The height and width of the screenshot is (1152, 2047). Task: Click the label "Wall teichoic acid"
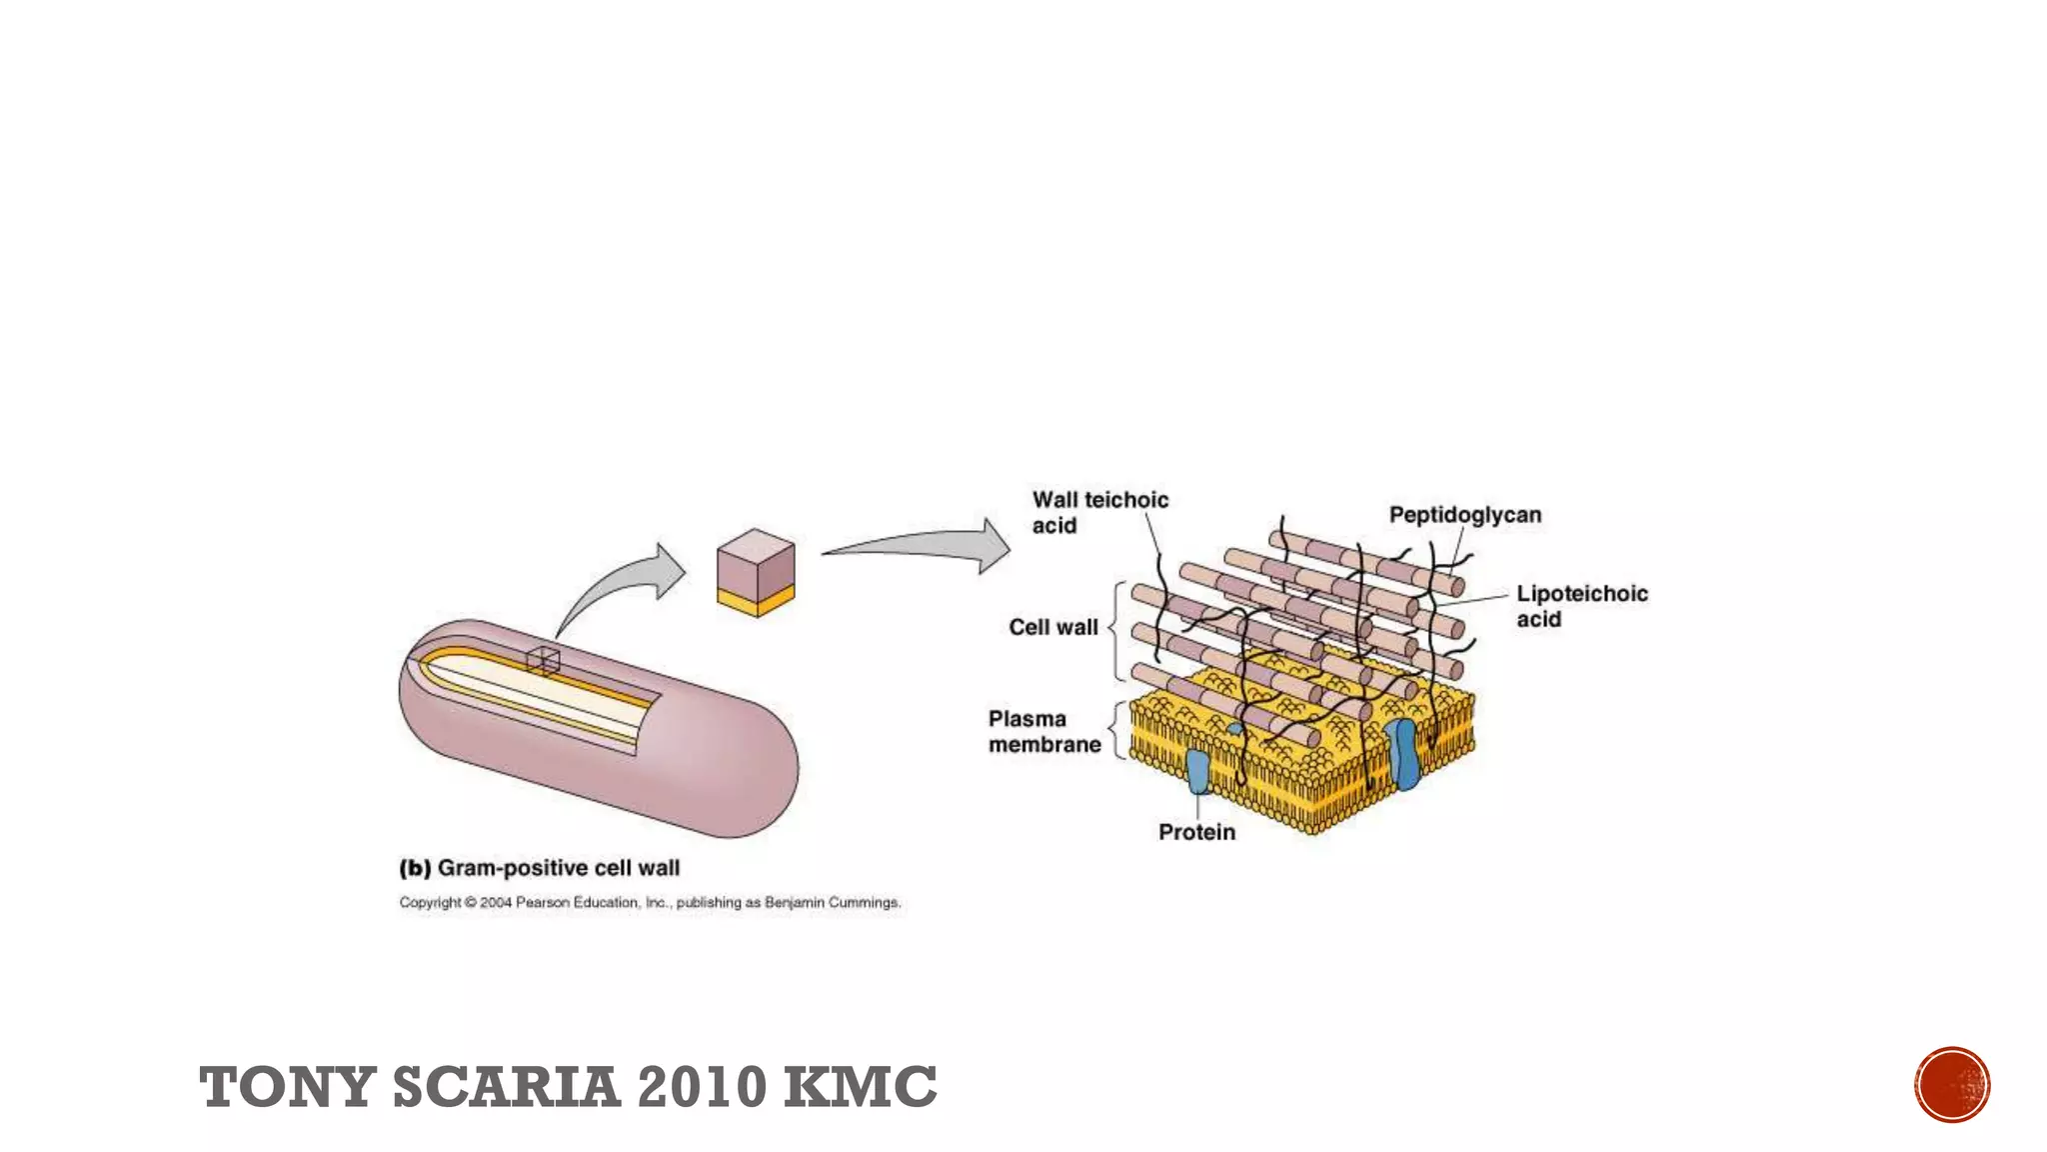1099,512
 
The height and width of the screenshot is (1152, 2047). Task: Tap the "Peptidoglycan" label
1464,515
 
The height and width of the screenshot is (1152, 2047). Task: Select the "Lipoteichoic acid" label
1581,606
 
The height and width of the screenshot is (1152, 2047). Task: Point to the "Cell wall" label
1052,627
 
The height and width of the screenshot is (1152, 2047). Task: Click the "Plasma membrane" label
1043,731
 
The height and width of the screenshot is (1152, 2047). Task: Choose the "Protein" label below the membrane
1196,832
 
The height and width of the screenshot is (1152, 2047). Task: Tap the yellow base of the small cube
756,600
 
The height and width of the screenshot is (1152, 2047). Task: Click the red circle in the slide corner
1952,1085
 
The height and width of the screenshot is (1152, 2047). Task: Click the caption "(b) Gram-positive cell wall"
540,868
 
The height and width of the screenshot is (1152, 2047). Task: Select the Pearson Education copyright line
650,902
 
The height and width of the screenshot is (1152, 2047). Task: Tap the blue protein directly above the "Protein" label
1197,771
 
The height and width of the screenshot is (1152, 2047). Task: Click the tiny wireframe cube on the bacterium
543,660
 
